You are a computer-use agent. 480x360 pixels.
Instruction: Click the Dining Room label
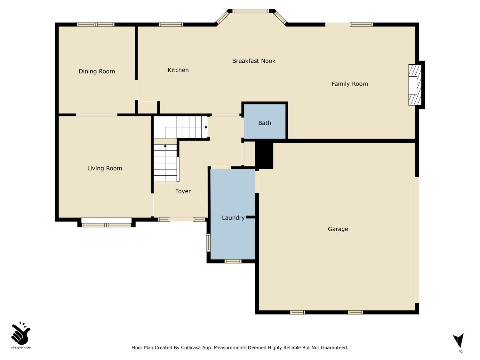pos(97,71)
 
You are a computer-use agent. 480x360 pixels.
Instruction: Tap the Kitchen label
pos(178,70)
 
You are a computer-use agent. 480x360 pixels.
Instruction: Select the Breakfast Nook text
pos(253,61)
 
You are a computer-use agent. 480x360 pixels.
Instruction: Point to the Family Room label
pos(349,84)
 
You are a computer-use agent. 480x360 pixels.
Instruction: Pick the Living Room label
pos(105,168)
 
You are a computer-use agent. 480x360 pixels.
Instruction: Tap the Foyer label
pos(183,191)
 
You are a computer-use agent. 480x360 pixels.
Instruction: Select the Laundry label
pos(233,218)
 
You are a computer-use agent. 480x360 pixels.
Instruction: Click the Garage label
pos(338,229)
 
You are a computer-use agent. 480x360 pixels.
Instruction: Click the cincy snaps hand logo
pos(21,334)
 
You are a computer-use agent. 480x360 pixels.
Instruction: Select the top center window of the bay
pos(251,11)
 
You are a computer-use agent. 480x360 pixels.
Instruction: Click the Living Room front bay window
pos(106,225)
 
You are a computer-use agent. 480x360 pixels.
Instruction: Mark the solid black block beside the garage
pos(264,155)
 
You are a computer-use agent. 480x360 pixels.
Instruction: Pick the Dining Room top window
pos(96,25)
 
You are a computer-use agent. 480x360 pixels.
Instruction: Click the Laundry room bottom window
pos(233,261)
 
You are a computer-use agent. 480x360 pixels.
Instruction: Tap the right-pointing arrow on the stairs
pos(206,127)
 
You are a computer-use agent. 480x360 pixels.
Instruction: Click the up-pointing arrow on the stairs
pos(165,146)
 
